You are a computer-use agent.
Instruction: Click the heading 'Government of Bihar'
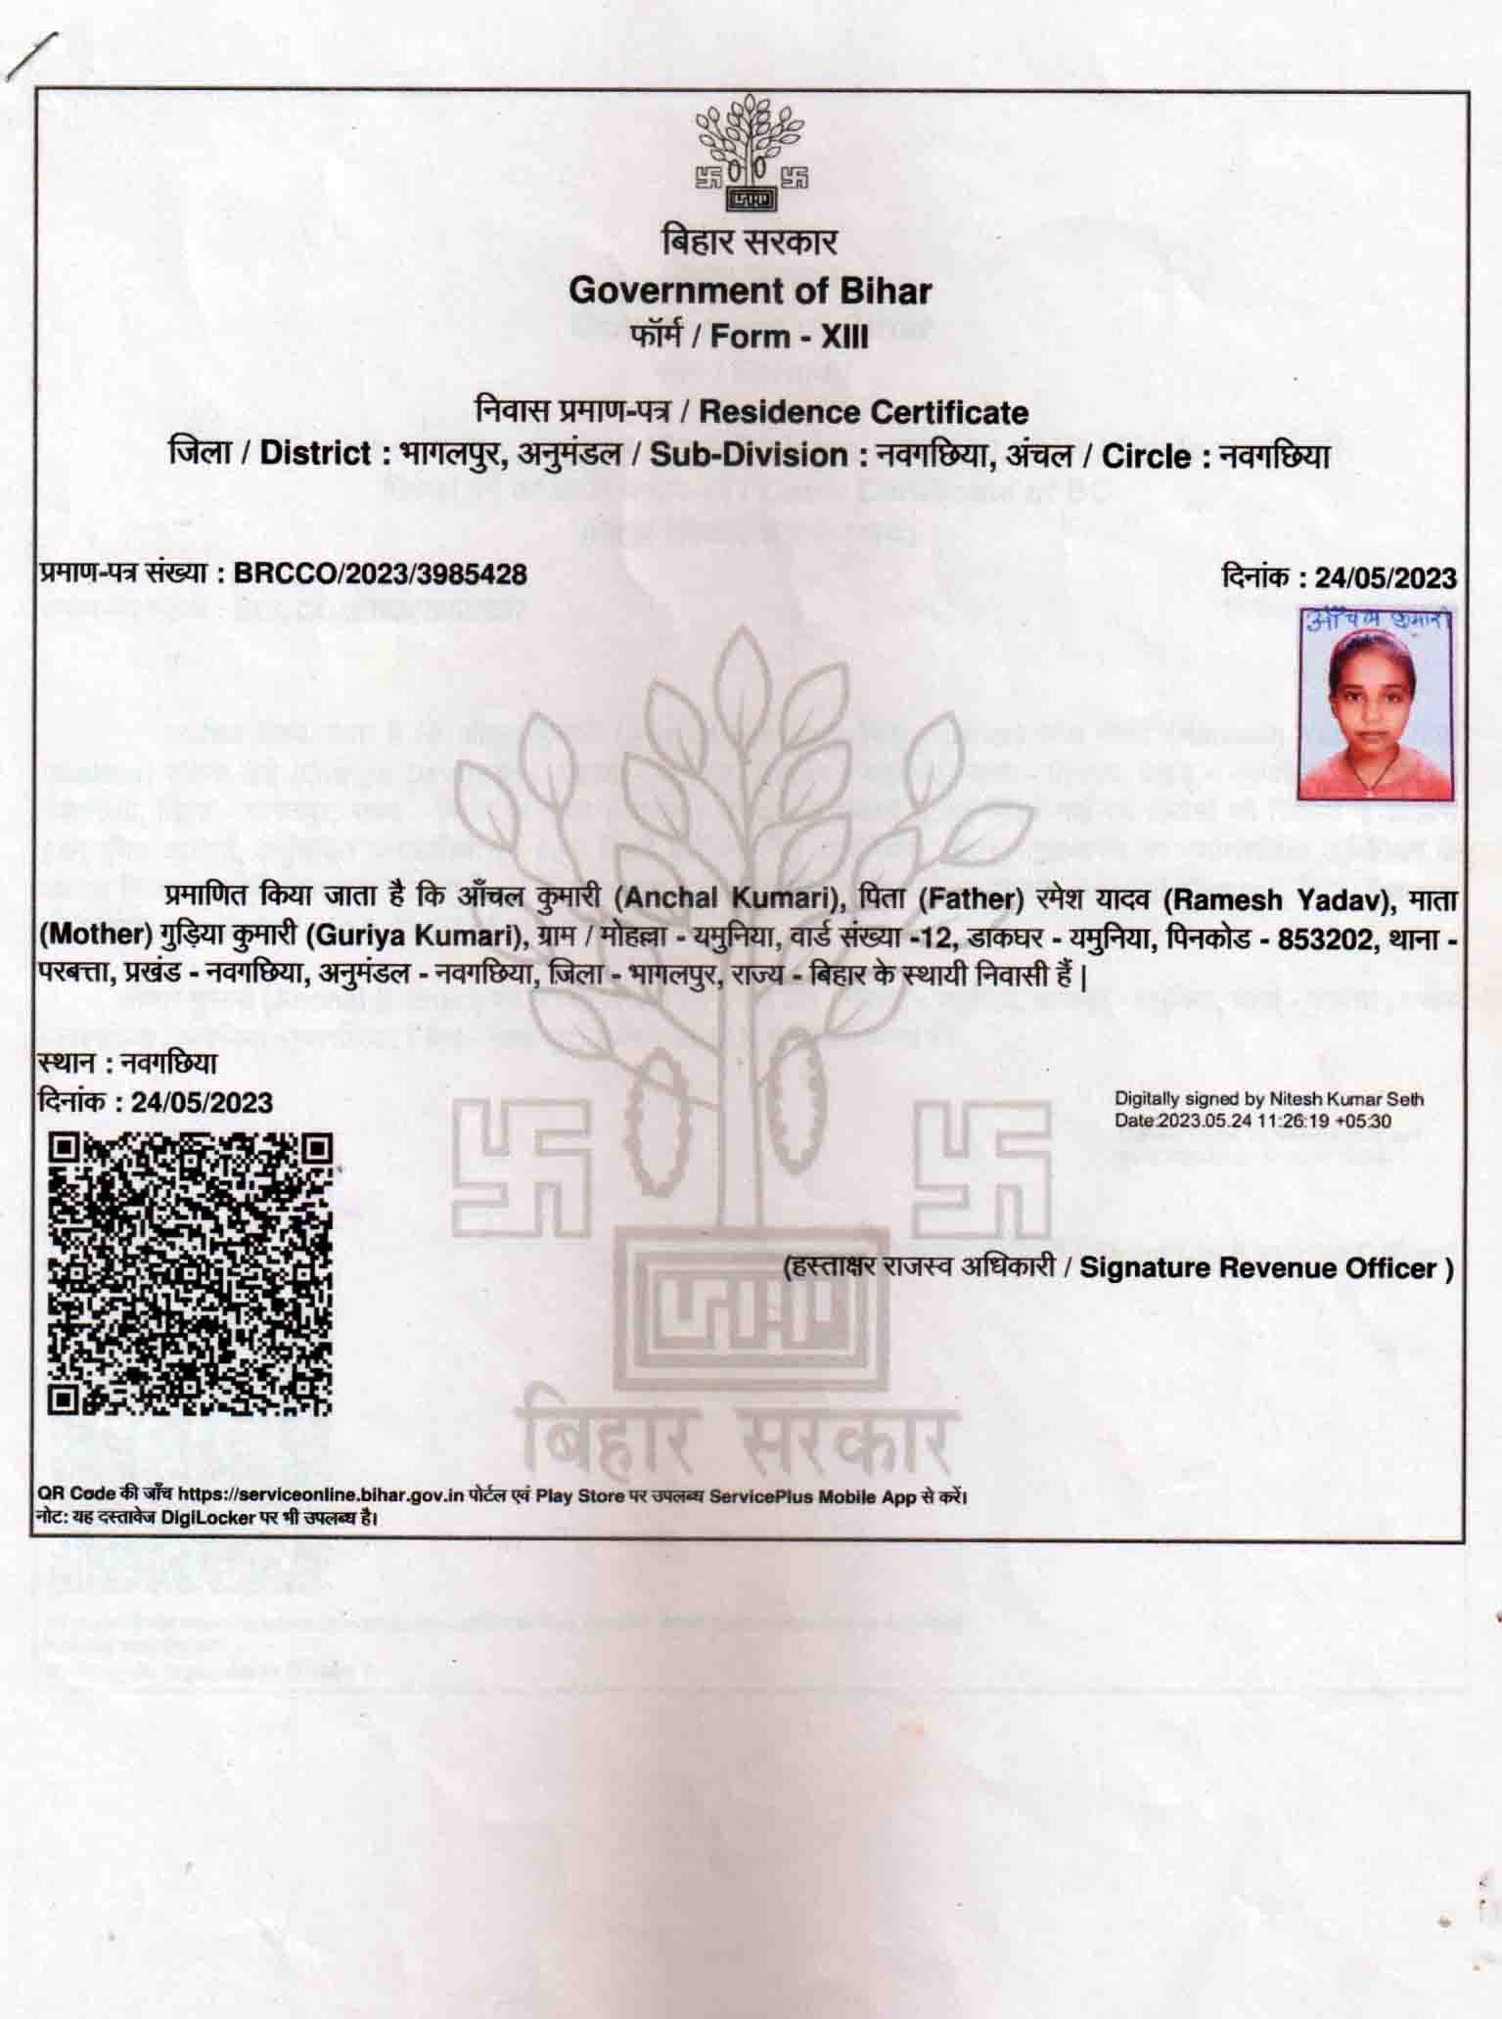(x=751, y=291)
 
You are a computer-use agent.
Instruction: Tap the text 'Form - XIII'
(x=790, y=337)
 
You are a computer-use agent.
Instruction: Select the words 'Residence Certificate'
(x=863, y=412)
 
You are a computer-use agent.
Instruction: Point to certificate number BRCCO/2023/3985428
(x=381, y=574)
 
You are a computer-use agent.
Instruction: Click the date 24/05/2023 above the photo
(x=1386, y=577)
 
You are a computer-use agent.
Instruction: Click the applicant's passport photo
(x=1376, y=714)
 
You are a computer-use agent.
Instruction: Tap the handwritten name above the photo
(x=1378, y=621)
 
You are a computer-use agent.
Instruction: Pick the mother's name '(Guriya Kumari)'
(x=411, y=936)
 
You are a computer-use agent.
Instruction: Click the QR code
(x=191, y=1273)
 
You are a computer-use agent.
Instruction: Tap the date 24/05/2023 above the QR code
(x=202, y=1102)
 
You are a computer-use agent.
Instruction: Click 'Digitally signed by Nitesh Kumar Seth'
(x=1269, y=1099)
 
